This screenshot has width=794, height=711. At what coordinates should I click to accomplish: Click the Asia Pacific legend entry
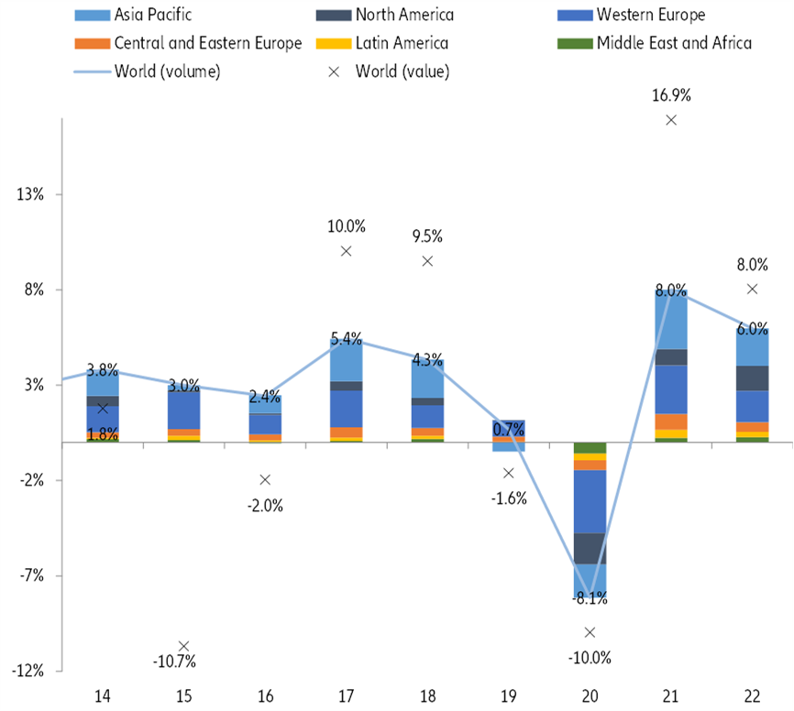click(x=152, y=15)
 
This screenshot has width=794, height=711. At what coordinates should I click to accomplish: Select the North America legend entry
click(x=403, y=15)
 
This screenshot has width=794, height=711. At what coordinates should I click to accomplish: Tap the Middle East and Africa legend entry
click(x=672, y=43)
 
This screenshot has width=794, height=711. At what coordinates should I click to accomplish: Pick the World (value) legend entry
click(x=403, y=71)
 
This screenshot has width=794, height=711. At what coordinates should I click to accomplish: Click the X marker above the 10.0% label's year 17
click(x=347, y=251)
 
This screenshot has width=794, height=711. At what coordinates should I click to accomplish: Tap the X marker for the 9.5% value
click(x=427, y=261)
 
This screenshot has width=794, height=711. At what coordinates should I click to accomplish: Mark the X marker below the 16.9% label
click(x=671, y=120)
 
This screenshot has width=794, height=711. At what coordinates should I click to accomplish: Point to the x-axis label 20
click(x=590, y=696)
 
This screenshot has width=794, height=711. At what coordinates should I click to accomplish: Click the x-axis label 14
click(x=103, y=696)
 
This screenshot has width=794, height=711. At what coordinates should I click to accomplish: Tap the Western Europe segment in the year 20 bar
click(x=590, y=501)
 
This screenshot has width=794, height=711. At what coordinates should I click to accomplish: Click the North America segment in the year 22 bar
click(x=752, y=378)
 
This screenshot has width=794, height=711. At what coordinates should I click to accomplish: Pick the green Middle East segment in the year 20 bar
click(x=590, y=447)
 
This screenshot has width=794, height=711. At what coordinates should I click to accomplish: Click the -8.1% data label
click(x=590, y=600)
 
